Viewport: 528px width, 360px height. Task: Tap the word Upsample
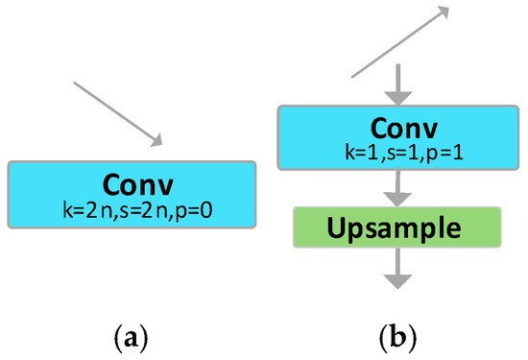397,228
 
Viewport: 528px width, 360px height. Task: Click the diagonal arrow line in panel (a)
115,113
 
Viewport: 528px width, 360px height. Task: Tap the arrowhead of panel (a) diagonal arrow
157,142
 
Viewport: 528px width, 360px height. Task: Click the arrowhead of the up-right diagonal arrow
444,11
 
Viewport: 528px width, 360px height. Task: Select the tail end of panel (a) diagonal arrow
76,84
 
